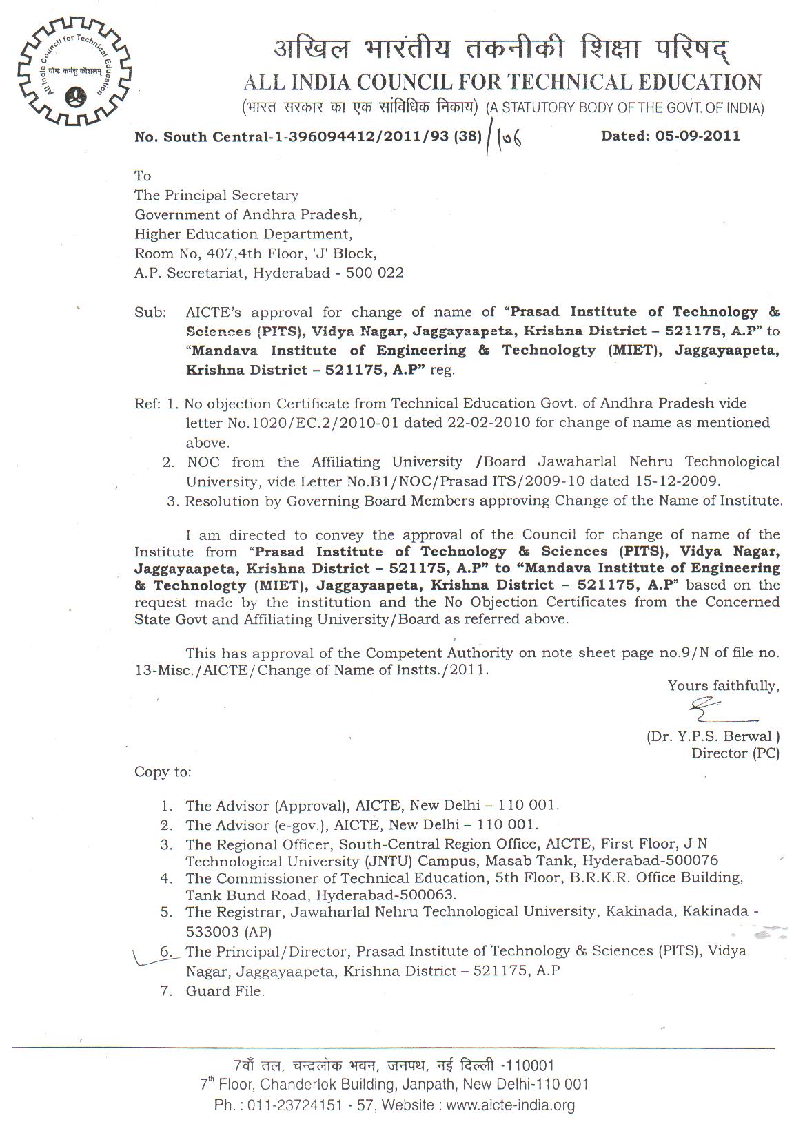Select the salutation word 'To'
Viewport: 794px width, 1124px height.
(x=143, y=176)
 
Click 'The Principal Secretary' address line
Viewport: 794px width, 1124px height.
(x=216, y=196)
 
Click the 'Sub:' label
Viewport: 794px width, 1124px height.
(x=150, y=313)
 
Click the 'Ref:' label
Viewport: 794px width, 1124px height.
(x=147, y=404)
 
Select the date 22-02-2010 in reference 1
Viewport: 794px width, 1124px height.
(x=490, y=422)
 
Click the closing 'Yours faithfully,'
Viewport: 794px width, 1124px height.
(x=723, y=686)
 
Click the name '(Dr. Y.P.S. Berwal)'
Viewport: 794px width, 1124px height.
(x=713, y=736)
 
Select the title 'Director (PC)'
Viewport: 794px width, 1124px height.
(x=735, y=753)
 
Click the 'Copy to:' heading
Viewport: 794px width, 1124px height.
(x=163, y=772)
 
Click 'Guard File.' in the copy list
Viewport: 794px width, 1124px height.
(x=225, y=991)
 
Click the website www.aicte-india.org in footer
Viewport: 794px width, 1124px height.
(x=510, y=1106)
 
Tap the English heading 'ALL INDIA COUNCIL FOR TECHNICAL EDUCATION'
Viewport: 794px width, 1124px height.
(x=502, y=83)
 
